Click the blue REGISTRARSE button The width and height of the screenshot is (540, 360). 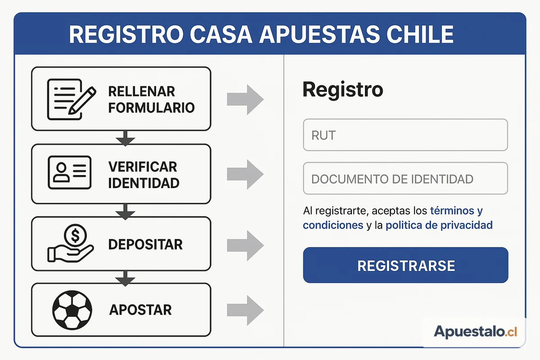[405, 265]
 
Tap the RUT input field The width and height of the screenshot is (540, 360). [405, 135]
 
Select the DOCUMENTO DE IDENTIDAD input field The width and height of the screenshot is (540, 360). [405, 179]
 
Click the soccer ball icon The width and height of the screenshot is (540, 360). [72, 310]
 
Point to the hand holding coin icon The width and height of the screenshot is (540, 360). [71, 243]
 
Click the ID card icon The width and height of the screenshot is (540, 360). [70, 172]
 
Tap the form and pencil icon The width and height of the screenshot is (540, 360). [72, 99]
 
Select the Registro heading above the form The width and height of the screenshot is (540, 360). [342, 90]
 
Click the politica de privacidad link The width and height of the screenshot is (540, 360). [439, 225]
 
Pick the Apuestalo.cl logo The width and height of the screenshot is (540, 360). [475, 332]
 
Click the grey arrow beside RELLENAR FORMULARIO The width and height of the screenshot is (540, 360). [245, 99]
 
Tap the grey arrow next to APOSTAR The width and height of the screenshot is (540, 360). [245, 310]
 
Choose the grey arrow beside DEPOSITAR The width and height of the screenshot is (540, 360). [245, 245]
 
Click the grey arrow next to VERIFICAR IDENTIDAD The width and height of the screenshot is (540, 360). [245, 174]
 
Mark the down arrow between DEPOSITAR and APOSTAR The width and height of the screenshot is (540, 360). [125, 279]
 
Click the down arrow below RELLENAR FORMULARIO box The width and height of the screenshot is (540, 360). [125, 139]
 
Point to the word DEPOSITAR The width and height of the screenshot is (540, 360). [145, 244]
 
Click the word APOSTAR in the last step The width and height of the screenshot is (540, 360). [140, 310]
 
